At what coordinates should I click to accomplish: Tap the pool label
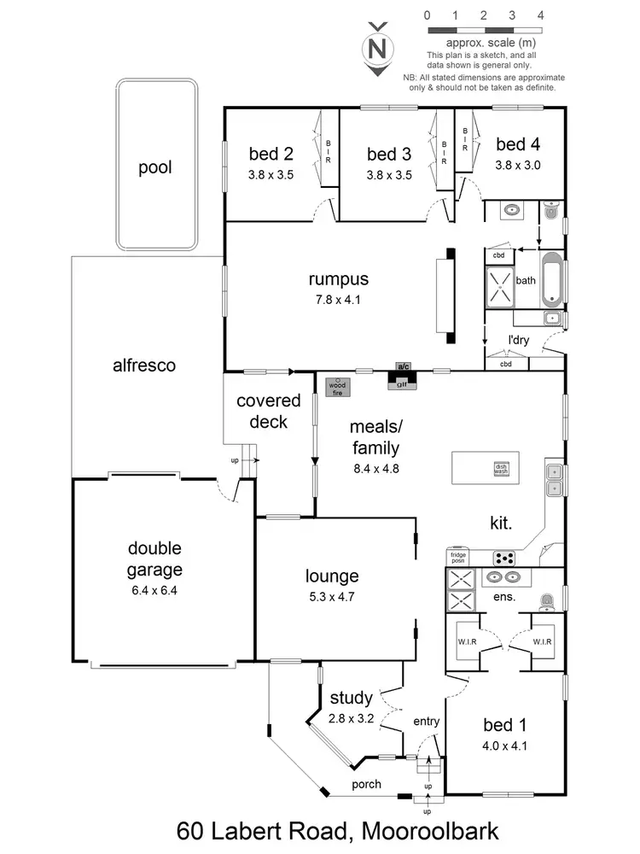[155, 167]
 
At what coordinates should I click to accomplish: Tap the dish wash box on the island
[501, 468]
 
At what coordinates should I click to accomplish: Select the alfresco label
[144, 366]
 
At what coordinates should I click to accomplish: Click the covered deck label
[268, 411]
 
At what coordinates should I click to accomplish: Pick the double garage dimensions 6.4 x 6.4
[154, 589]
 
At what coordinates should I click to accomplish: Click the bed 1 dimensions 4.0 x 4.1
[504, 746]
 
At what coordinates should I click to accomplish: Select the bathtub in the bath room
[552, 278]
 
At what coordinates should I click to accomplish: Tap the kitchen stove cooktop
[504, 559]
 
